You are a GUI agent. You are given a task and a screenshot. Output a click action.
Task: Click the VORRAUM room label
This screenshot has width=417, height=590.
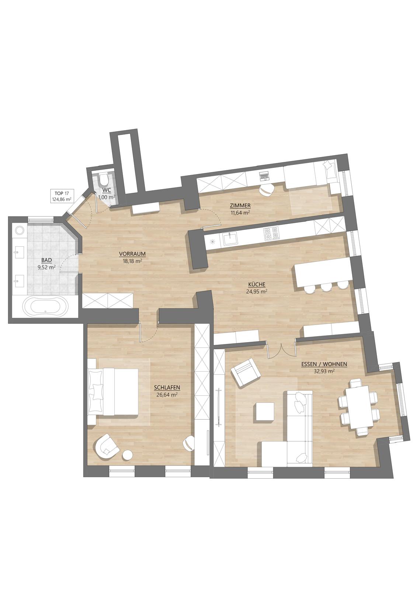point(132,254)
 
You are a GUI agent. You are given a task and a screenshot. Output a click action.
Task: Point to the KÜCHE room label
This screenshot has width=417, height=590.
point(257,284)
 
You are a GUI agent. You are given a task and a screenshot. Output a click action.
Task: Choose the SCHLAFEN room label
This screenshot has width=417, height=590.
point(167,388)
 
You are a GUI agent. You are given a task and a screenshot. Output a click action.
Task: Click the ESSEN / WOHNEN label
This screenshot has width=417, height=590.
point(324,365)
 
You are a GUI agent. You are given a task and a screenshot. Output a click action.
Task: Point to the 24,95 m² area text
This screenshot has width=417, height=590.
point(257,291)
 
